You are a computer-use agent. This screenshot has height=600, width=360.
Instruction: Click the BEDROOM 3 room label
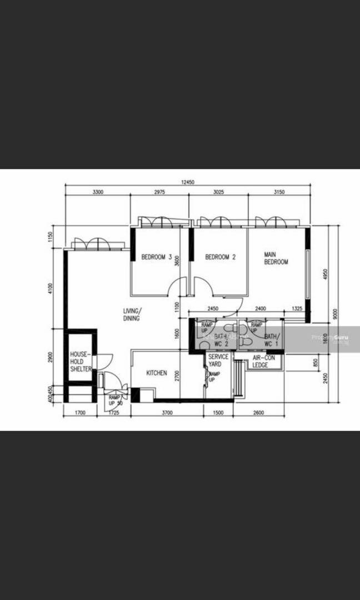(x=156, y=257)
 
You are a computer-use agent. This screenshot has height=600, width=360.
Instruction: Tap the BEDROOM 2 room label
(x=221, y=257)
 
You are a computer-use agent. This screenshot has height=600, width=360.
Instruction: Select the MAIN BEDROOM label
(x=276, y=258)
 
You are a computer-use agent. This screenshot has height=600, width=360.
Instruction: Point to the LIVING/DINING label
(x=132, y=314)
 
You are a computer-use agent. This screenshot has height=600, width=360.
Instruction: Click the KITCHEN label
(x=157, y=373)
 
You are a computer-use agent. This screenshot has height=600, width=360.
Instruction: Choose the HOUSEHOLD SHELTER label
(x=81, y=361)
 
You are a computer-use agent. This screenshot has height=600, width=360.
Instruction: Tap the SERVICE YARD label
(x=218, y=361)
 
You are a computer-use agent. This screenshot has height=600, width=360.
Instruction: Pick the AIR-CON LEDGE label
(x=260, y=362)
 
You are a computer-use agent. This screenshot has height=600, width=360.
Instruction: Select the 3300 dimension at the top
(x=98, y=192)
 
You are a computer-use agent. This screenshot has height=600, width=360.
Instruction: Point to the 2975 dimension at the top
(x=159, y=192)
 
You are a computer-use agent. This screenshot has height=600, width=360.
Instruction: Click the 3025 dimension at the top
(x=218, y=192)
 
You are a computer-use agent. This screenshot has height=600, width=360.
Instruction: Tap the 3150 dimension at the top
(x=279, y=192)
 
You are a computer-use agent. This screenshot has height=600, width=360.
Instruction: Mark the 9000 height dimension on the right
(x=334, y=314)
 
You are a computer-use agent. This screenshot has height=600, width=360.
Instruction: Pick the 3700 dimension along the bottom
(x=168, y=413)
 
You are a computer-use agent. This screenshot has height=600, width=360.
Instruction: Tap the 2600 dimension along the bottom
(x=258, y=413)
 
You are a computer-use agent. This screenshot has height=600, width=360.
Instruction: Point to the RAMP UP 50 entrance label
(x=115, y=401)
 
